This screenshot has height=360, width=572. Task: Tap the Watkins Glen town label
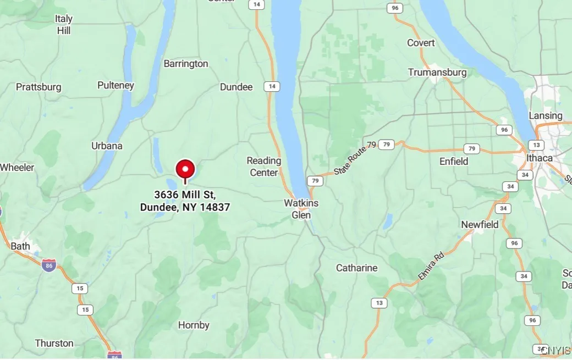pyautogui.click(x=301, y=209)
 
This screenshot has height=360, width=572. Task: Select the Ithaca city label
pyautogui.click(x=539, y=158)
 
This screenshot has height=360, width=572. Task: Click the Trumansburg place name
pyautogui.click(x=437, y=72)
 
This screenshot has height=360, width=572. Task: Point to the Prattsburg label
pyautogui.click(x=38, y=87)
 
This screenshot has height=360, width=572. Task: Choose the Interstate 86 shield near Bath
pyautogui.click(x=48, y=265)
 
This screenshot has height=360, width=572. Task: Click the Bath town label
pyautogui.click(x=20, y=246)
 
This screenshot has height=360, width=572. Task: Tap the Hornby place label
pyautogui.click(x=194, y=325)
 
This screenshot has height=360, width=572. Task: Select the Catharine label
pyautogui.click(x=356, y=268)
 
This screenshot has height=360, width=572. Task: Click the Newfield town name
pyautogui.click(x=480, y=224)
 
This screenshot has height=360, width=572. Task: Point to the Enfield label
pyautogui.click(x=454, y=161)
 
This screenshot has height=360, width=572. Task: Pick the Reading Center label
pyautogui.click(x=264, y=167)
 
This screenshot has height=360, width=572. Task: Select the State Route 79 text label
pyautogui.click(x=355, y=159)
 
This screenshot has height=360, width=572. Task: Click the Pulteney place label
pyautogui.click(x=116, y=85)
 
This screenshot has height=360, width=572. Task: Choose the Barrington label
pyautogui.click(x=186, y=64)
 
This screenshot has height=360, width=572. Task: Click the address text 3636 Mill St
pyautogui.click(x=185, y=195)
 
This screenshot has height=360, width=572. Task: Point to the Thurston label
pyautogui.click(x=54, y=343)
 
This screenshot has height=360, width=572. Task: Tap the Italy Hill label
pyautogui.click(x=64, y=25)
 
